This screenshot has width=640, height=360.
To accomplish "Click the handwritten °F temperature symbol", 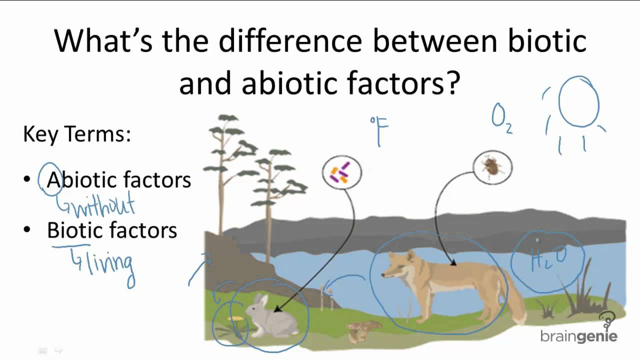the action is pos(379,131).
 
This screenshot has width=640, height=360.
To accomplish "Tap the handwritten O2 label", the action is pos(501,118).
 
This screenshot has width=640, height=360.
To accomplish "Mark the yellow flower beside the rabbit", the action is pos(235,318).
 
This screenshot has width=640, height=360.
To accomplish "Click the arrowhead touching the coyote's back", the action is pos(453,263).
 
